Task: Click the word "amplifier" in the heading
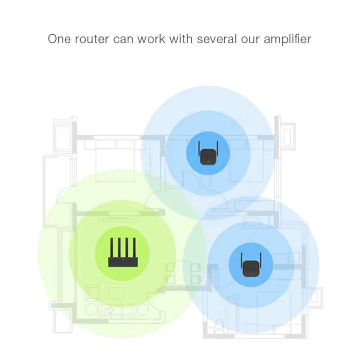287,39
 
